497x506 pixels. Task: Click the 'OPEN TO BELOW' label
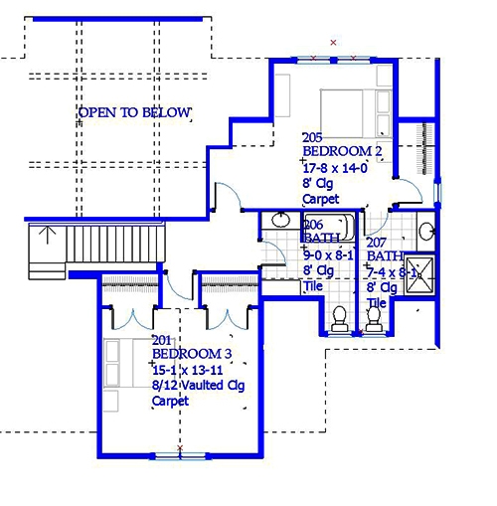[x=134, y=112]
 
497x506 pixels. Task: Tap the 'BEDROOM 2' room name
[x=343, y=152]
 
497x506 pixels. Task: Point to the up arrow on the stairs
[x=46, y=237]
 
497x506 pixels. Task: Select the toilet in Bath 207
[x=375, y=318]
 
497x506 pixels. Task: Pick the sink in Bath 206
[x=270, y=235]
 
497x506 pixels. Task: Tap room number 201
[x=160, y=340]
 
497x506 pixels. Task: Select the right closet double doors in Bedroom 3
[x=231, y=318]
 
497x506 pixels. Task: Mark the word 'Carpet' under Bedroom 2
[x=320, y=199]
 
